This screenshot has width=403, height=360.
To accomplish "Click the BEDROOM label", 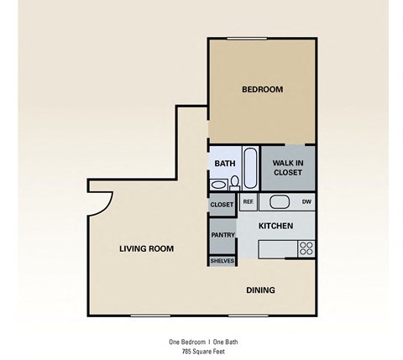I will tap(262, 89).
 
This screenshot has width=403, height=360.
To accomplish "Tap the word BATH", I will tap(224, 164).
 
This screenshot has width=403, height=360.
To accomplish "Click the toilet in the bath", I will tap(236, 182).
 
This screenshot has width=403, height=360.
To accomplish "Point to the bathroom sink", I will tap(218, 184).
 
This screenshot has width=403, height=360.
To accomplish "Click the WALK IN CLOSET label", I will tap(287, 167).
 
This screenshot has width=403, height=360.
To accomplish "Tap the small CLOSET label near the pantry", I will tap(222, 204).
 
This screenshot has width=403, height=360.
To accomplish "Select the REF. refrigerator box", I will tap(248, 202).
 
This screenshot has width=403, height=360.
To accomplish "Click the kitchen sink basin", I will tap(280, 202).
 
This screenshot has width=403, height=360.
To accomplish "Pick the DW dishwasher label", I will tap(306, 202).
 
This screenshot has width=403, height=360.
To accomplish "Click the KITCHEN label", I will tap(275, 226).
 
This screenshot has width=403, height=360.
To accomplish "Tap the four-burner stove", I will tap(306, 248).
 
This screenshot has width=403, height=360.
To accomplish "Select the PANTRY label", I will tap(222, 235).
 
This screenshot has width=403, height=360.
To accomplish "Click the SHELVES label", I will tap(222, 260).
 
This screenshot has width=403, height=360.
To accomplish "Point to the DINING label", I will tap(260, 290).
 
